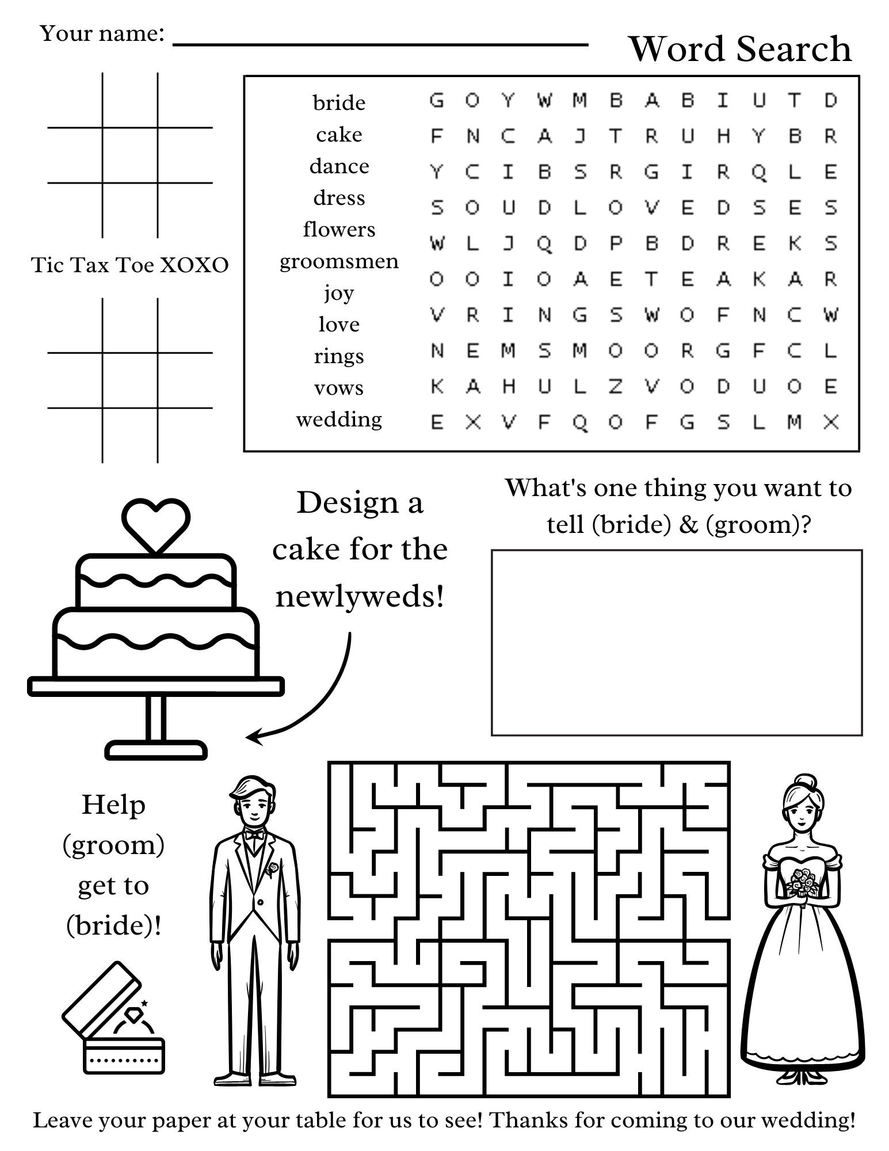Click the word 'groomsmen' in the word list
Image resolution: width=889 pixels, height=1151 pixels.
pyautogui.click(x=339, y=261)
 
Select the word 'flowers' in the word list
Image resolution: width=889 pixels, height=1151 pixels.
pyautogui.click(x=339, y=230)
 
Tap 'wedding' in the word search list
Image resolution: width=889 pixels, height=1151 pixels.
pyautogui.click(x=339, y=420)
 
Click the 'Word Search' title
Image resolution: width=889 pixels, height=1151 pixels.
pyautogui.click(x=740, y=49)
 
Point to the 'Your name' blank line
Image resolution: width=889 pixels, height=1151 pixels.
pyautogui.click(x=380, y=44)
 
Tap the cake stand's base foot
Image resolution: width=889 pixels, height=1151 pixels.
pyautogui.click(x=156, y=750)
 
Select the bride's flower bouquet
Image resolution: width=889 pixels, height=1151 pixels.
pyautogui.click(x=803, y=883)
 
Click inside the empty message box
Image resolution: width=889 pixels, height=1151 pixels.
pyautogui.click(x=676, y=642)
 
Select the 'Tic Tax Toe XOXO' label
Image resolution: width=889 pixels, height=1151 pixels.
pyautogui.click(x=129, y=265)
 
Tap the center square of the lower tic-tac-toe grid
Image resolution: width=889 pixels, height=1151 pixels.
pyautogui.click(x=130, y=380)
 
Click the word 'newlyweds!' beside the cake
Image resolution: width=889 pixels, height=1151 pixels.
pyautogui.click(x=360, y=597)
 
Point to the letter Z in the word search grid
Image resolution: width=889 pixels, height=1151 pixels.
pyautogui.click(x=615, y=387)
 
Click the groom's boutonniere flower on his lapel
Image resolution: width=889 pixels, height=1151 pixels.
pyautogui.click(x=272, y=867)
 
